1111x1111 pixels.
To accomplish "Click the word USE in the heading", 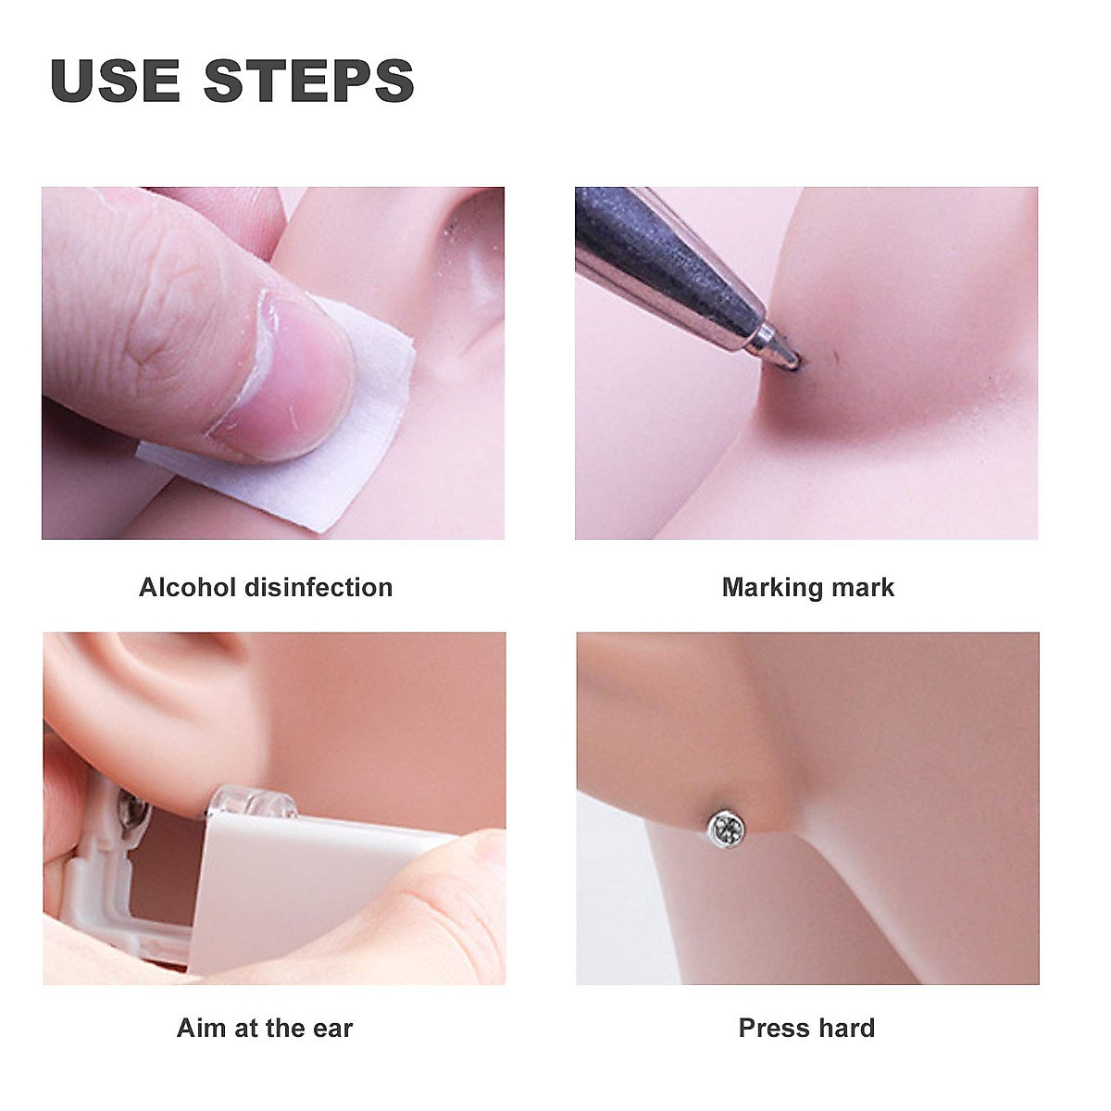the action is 116,81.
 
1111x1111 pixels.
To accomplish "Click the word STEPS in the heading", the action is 309,81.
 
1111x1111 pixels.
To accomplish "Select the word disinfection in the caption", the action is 318,588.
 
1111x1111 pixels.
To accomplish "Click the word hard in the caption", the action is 843,1028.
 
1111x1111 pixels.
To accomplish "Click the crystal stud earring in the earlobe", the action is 725,830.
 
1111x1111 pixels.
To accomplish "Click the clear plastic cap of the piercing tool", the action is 253,802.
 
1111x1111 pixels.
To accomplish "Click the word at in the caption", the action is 245,1030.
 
